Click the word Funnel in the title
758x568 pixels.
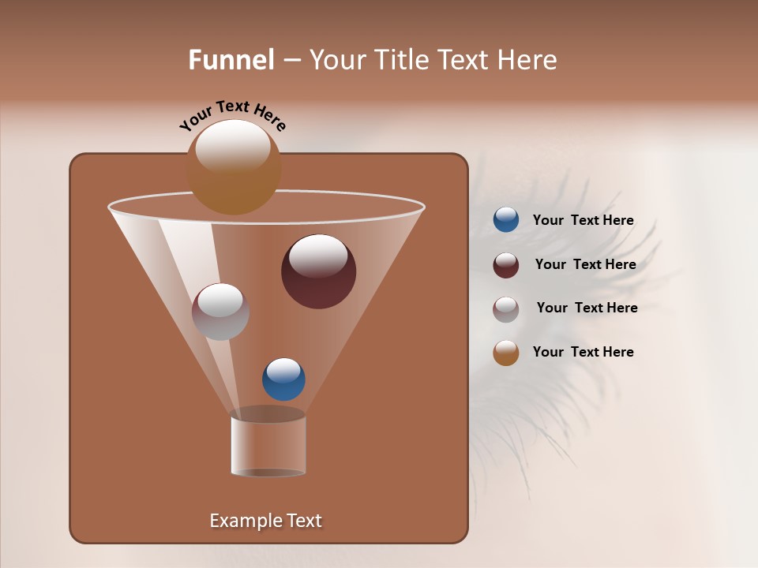(x=231, y=60)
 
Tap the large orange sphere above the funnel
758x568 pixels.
(x=234, y=167)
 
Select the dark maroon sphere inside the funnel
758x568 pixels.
(x=319, y=271)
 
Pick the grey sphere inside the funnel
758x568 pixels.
(x=220, y=312)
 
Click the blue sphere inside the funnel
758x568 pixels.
(x=283, y=379)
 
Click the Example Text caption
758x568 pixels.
(x=265, y=521)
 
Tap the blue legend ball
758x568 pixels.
(x=506, y=220)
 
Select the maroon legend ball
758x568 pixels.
(x=506, y=265)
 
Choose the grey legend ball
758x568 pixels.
(x=506, y=309)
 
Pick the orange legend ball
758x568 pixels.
(x=506, y=353)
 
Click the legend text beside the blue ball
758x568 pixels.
(x=583, y=221)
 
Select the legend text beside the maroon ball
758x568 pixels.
(x=585, y=265)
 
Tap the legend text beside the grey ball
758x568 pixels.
(x=587, y=308)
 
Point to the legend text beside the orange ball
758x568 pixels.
(x=583, y=352)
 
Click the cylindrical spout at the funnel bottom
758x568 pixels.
(x=268, y=443)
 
